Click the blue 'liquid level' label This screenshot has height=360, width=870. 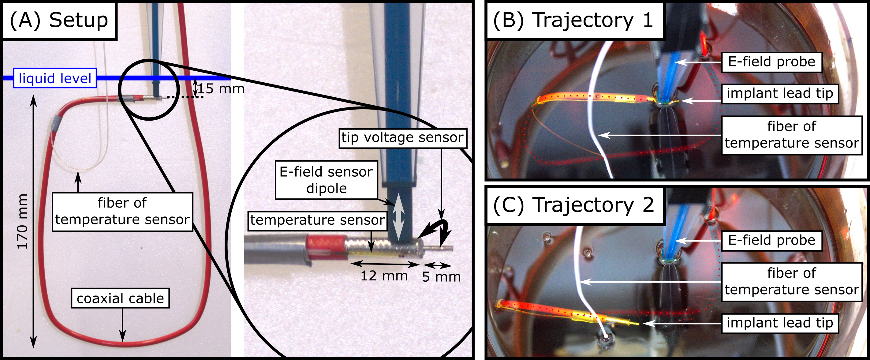(55, 78)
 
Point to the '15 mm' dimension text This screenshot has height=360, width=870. (221, 89)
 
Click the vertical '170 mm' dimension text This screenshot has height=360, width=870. (23, 222)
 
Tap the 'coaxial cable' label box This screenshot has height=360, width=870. (120, 298)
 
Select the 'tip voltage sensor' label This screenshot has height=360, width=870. (403, 138)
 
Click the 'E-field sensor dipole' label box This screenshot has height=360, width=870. (326, 180)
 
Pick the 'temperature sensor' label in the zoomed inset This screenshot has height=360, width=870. (317, 220)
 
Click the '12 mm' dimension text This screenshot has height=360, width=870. (384, 276)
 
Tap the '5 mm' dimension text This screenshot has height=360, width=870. (441, 277)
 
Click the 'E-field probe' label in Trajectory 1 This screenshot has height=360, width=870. (771, 62)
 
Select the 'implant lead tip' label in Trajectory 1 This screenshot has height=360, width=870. (780, 93)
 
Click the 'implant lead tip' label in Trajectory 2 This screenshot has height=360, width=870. (780, 323)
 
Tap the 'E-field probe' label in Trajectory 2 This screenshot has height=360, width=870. (771, 240)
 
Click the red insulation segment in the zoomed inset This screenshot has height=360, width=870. (325, 248)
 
